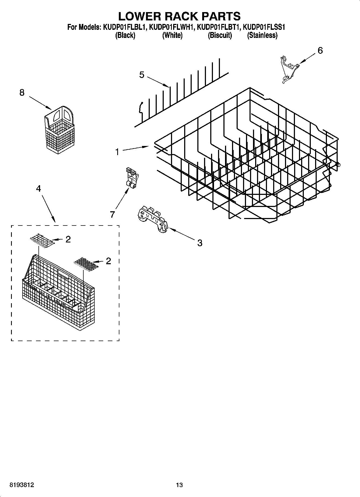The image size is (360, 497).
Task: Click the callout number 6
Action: point(320,51)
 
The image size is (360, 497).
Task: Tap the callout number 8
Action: point(22,93)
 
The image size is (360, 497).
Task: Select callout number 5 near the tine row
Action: point(142,75)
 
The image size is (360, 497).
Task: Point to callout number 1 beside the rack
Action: point(117,152)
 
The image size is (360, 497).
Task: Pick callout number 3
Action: point(199,243)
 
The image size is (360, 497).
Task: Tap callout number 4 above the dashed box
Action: point(38,189)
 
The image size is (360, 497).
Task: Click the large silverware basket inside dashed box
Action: point(58,293)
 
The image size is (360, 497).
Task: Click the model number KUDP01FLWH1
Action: point(172,27)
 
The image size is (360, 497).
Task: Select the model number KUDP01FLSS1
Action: point(264,27)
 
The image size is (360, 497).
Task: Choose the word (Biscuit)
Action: point(220,35)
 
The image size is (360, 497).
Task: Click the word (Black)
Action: point(125,35)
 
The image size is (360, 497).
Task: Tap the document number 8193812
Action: point(22,485)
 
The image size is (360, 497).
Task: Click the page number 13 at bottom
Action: point(179,485)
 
